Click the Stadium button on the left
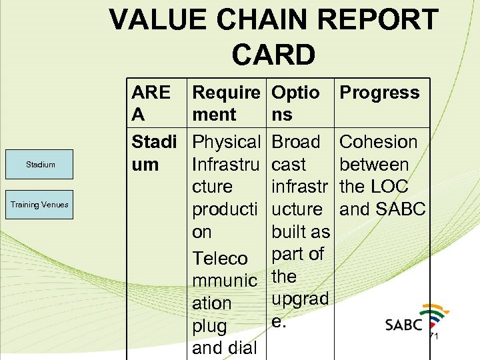(40, 165)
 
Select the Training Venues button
(40, 205)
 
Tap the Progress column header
(379, 93)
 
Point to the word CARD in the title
(273, 55)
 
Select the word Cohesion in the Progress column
(378, 142)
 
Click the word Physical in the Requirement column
(226, 142)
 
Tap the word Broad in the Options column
(296, 142)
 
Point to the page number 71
(433, 336)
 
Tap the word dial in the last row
(242, 348)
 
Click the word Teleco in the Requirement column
(220, 259)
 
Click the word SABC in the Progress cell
(399, 209)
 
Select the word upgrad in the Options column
(301, 299)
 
